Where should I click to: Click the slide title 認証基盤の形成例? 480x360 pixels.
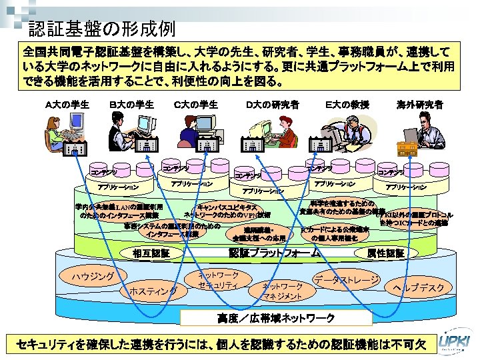point(102,29)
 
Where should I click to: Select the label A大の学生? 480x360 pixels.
point(67,104)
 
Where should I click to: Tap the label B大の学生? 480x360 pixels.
point(131,104)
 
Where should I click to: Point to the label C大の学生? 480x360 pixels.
point(195,104)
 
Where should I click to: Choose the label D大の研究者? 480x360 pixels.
point(272,104)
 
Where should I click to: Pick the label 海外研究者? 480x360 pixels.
point(420,104)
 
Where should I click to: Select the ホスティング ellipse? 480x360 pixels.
point(153,291)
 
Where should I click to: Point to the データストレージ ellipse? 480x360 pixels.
point(347,279)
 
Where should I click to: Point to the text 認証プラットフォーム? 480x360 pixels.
point(274,253)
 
